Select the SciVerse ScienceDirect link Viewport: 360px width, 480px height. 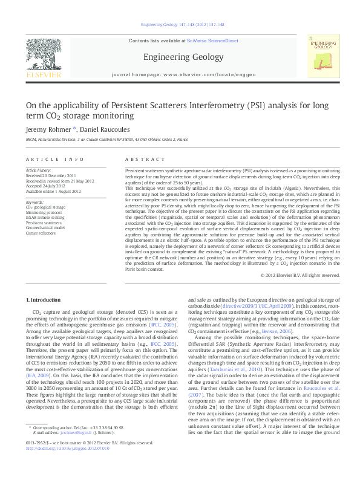(206, 41)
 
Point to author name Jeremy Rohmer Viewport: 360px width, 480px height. (48, 129)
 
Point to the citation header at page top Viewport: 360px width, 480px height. (182, 25)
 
